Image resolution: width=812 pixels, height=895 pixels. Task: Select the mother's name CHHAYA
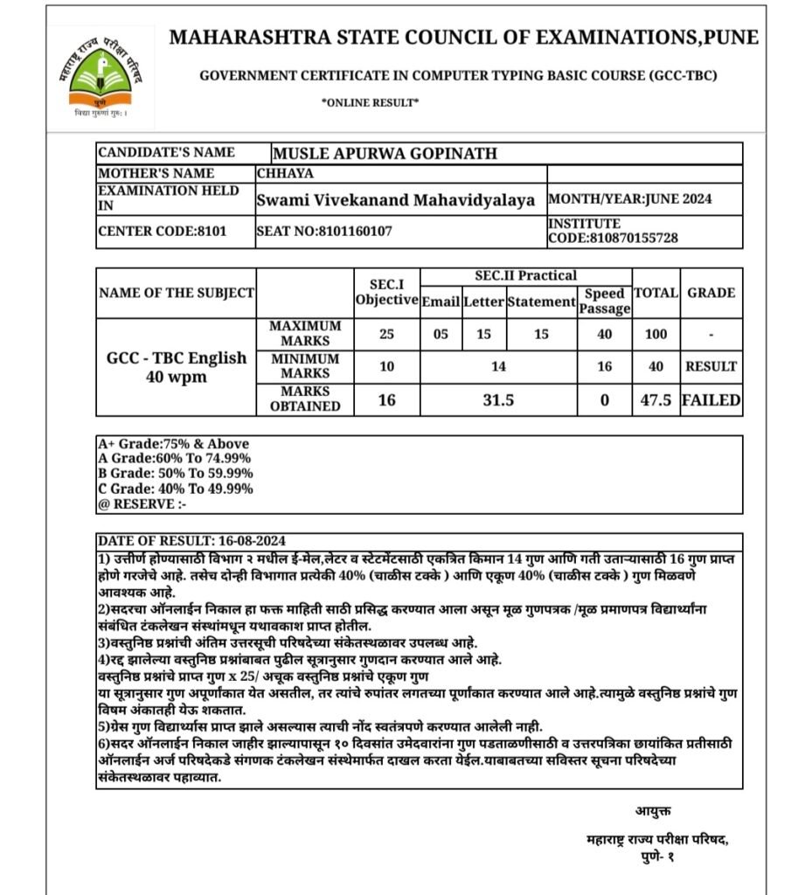(x=285, y=173)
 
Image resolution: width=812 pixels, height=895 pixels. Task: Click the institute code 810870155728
(x=613, y=238)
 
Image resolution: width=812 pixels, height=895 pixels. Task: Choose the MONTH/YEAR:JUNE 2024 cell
(x=629, y=199)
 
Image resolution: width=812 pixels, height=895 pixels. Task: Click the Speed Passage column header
(x=604, y=301)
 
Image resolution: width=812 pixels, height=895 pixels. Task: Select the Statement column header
(x=540, y=302)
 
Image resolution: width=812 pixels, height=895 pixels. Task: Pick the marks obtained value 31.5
(x=497, y=400)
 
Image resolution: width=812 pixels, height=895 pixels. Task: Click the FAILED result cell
(x=711, y=400)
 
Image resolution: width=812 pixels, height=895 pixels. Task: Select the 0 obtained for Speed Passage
(x=603, y=400)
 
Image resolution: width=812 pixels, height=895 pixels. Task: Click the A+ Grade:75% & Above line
(x=174, y=443)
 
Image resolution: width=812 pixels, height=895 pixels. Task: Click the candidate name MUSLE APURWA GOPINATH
(x=385, y=154)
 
